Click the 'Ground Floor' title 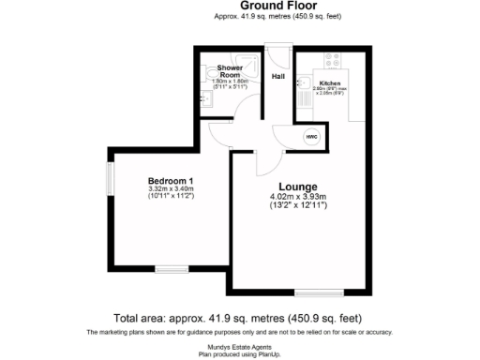(240, 6)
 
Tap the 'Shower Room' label (231, 72)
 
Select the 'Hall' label (278, 76)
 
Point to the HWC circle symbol (310, 137)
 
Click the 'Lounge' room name (297, 186)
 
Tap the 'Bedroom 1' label (170, 180)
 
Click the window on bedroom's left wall (110, 177)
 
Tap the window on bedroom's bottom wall (170, 269)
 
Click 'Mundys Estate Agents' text (240, 346)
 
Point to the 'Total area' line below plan (240, 318)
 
